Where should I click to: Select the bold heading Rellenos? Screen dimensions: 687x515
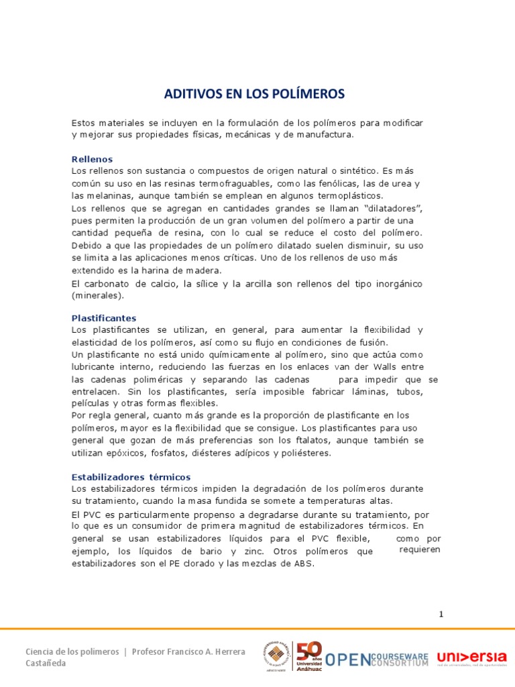92,159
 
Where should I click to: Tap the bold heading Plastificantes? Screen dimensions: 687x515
104,318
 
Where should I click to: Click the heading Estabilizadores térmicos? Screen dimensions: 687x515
131,477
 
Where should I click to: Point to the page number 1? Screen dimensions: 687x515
441,614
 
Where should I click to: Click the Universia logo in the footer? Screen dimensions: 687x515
471,658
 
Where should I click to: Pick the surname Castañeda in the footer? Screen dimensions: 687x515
46,663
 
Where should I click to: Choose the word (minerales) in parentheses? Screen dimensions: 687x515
98,295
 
